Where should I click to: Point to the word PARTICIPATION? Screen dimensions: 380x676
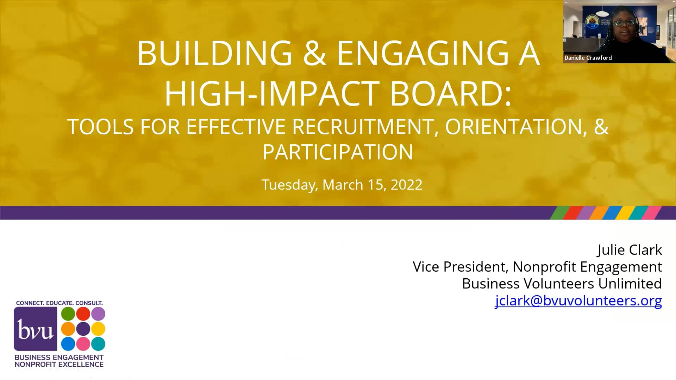[x=338, y=152]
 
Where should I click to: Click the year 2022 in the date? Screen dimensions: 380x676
[x=406, y=185]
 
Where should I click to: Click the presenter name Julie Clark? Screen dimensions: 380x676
[x=630, y=250]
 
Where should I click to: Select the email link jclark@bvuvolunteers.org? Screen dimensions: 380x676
[x=578, y=301]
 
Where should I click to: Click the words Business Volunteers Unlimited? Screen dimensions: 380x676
[x=562, y=284]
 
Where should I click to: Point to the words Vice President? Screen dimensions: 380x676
[x=460, y=267]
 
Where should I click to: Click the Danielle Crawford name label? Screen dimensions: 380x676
[x=588, y=58]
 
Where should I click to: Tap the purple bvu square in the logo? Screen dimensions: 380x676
[x=35, y=329]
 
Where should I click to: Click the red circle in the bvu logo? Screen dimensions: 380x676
[x=83, y=314]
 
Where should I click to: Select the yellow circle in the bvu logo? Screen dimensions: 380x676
[x=98, y=329]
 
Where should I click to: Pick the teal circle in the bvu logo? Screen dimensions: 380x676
[x=98, y=344]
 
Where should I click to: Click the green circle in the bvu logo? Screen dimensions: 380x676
[x=68, y=314]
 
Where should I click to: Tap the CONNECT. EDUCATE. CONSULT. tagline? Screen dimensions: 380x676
[x=59, y=303]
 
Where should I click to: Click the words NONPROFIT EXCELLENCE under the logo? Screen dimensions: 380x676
[x=59, y=365]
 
